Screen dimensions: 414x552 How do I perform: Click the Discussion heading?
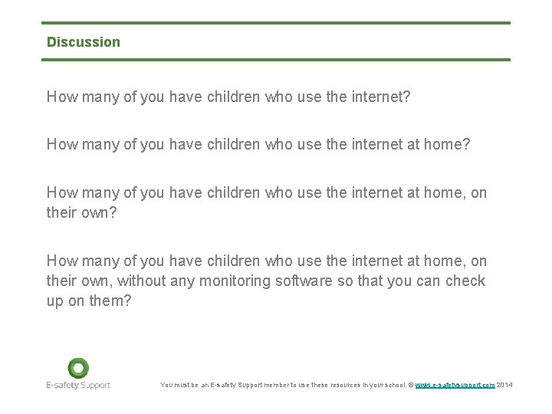[84, 42]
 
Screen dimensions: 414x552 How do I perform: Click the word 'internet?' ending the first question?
[382, 97]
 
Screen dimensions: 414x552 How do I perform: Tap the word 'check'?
[466, 281]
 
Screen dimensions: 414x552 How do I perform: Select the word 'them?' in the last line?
[112, 301]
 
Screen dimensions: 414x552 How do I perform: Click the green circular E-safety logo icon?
[78, 367]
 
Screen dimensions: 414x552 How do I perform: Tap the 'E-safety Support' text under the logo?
[78, 385]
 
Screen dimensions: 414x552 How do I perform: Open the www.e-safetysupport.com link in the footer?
[455, 385]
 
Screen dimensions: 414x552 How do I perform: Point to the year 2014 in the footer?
[504, 385]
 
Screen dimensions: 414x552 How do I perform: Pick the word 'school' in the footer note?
[392, 385]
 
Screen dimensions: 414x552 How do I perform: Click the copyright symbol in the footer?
[410, 385]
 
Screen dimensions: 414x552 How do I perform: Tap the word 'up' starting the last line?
[55, 301]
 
